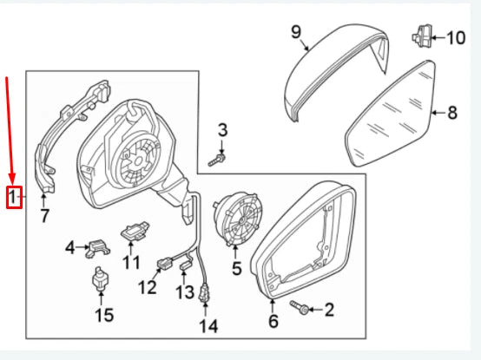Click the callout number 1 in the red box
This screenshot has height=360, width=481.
[x=13, y=198]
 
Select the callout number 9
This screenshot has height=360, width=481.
[x=296, y=33]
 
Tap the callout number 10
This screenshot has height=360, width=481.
[x=456, y=37]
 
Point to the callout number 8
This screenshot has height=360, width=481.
[x=451, y=112]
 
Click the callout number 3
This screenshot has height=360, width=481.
[x=222, y=131]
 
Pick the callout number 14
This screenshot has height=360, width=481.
[x=208, y=326]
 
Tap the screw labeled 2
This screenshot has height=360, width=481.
[x=300, y=307]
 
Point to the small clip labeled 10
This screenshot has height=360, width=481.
[x=420, y=36]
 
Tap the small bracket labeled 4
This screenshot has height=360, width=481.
[x=98, y=249]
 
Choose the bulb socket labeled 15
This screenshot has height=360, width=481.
[x=102, y=283]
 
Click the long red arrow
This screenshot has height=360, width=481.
[x=10, y=130]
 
